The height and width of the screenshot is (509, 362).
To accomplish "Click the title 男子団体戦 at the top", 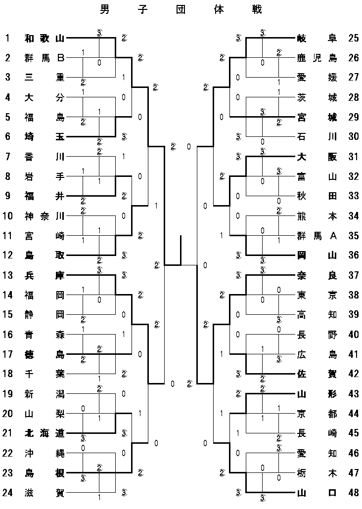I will point(181,9).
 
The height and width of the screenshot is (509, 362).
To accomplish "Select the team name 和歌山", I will point(45,38).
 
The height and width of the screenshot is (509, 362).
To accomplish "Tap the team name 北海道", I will point(45,433).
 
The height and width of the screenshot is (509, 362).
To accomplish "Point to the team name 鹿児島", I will point(317,58).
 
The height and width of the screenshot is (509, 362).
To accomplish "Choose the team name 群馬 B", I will point(45,58).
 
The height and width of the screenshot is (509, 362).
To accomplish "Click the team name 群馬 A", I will point(317,236).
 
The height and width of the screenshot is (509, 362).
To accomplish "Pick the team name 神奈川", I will point(45,216).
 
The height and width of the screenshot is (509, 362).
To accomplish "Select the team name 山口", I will point(317,493).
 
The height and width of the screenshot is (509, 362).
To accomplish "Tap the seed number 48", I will point(353,493).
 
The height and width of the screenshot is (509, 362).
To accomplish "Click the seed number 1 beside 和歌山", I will point(7,38).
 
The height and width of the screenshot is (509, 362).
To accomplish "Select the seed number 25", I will point(353,38).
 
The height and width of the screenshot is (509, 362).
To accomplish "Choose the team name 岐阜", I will point(317,38).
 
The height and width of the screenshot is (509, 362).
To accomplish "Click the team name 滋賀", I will point(45,493).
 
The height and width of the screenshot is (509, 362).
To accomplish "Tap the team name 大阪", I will point(317,157).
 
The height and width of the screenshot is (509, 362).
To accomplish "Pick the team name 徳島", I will point(45,354).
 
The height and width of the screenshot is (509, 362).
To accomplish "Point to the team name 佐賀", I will point(317,374).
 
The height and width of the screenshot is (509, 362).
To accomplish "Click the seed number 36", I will point(353,255).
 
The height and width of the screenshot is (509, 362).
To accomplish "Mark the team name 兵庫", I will point(45,275).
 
